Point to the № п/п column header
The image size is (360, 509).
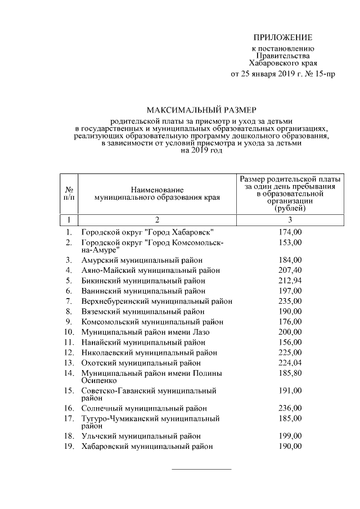click(68, 194)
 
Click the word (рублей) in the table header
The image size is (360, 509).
click(290, 208)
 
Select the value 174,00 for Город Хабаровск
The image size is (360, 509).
click(290, 232)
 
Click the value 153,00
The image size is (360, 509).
click(290, 242)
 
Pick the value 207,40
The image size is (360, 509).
click(290, 270)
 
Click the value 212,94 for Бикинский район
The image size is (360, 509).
click(290, 280)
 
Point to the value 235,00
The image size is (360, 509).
click(290, 301)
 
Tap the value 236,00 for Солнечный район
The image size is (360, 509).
click(290, 408)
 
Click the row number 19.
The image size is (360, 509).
click(69, 446)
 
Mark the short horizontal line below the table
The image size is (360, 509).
click(201, 469)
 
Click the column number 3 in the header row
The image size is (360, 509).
click(290, 219)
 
